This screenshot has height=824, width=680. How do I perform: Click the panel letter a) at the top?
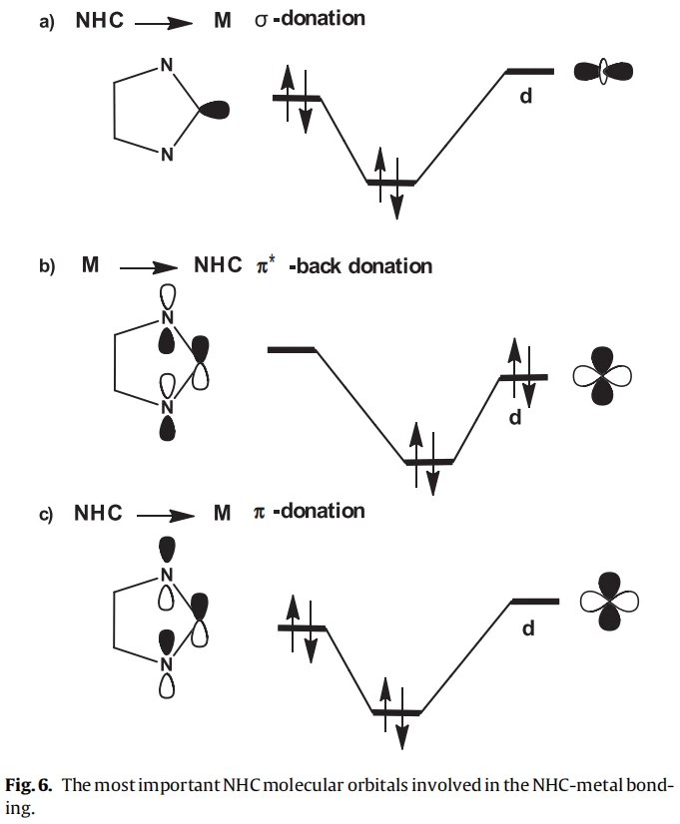(46, 20)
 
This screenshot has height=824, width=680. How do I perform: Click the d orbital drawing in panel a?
(602, 71)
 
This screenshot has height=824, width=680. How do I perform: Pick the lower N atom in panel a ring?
(167, 154)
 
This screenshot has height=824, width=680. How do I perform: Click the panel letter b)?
(46, 267)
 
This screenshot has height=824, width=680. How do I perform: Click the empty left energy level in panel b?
(292, 350)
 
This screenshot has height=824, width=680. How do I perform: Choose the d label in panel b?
(515, 417)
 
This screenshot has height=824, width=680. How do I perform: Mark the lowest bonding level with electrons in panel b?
(427, 461)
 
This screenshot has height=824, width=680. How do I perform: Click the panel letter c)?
(46, 513)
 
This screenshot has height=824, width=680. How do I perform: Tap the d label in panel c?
(528, 628)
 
